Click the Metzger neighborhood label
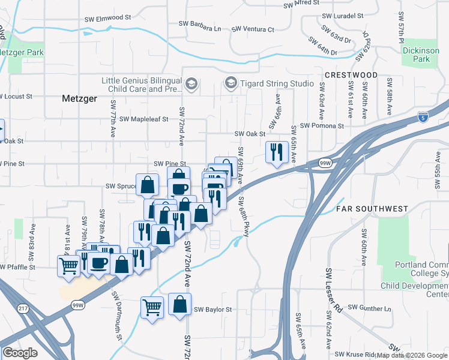79,99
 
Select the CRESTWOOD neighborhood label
351,75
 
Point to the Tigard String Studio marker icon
231,83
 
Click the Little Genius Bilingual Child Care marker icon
191,83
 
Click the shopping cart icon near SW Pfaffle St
69,265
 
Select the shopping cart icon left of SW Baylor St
152,307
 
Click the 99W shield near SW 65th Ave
325,163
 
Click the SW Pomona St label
322,126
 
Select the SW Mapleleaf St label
144,119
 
